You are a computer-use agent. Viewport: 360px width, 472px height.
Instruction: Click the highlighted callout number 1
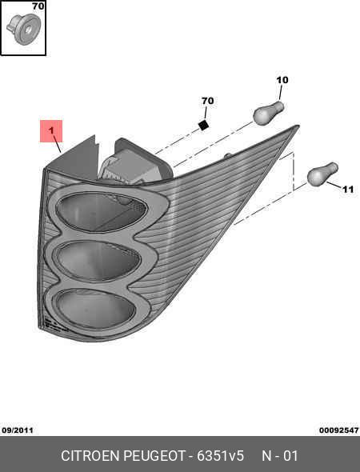(51, 130)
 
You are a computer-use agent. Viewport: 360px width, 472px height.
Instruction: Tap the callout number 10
(282, 80)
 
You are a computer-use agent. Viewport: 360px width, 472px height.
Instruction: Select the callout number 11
(348, 190)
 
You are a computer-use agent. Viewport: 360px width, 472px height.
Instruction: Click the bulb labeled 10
(269, 113)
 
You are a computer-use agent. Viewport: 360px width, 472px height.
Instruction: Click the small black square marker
(204, 125)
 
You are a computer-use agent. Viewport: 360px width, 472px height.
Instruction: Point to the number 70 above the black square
(207, 101)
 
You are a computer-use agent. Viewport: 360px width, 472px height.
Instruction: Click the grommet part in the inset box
(23, 29)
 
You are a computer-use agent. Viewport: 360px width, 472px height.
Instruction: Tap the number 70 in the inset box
(38, 6)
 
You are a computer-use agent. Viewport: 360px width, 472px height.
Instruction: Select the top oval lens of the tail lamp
(101, 212)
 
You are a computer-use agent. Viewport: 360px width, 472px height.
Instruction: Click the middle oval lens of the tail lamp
(98, 260)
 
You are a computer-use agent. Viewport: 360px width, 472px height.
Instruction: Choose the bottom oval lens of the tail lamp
(94, 308)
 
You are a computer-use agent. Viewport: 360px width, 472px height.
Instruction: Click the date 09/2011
(18, 430)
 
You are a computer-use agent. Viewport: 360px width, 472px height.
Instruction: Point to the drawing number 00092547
(339, 430)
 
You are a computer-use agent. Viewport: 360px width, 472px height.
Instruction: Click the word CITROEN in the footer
(90, 456)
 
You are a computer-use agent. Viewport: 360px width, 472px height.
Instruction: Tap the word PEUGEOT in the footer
(154, 456)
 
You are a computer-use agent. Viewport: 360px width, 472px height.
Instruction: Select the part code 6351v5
(220, 456)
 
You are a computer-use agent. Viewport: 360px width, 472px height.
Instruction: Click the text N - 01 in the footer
(280, 456)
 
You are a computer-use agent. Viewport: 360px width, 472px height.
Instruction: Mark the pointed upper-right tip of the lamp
(299, 126)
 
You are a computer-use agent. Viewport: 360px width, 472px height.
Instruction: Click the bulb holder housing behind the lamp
(135, 162)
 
